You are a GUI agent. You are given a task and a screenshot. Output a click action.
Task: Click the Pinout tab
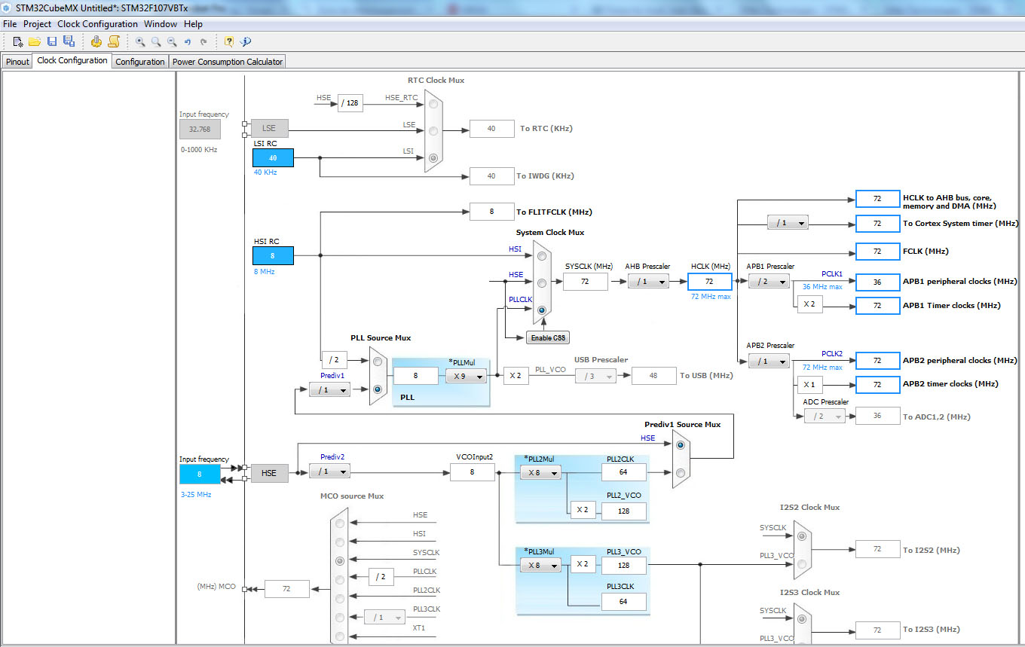[17, 62]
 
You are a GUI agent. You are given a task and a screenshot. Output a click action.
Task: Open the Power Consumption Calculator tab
[228, 62]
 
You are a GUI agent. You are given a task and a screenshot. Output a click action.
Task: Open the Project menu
[37, 24]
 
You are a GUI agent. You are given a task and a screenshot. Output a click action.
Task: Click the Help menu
[193, 24]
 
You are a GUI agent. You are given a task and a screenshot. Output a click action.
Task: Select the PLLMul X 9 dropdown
[466, 376]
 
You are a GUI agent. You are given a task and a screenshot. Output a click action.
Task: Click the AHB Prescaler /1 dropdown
[648, 282]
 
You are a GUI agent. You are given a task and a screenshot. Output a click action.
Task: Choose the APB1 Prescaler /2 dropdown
[769, 282]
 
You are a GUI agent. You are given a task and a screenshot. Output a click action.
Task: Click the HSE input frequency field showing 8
[200, 474]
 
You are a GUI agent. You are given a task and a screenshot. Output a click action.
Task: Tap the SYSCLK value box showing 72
[585, 282]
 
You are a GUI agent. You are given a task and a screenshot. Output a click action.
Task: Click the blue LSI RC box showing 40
[273, 157]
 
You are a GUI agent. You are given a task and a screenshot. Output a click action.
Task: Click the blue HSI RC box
[273, 255]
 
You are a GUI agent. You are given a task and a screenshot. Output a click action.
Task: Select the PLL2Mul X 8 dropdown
[540, 472]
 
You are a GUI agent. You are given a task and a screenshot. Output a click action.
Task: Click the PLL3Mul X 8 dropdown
[540, 565]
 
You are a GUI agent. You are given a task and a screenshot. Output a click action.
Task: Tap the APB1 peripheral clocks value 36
[877, 282]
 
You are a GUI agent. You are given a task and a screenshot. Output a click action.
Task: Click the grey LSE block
[269, 128]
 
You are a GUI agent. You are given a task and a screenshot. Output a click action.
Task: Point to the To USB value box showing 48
[653, 376]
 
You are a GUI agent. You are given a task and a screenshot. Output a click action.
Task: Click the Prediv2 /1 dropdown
[329, 472]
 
